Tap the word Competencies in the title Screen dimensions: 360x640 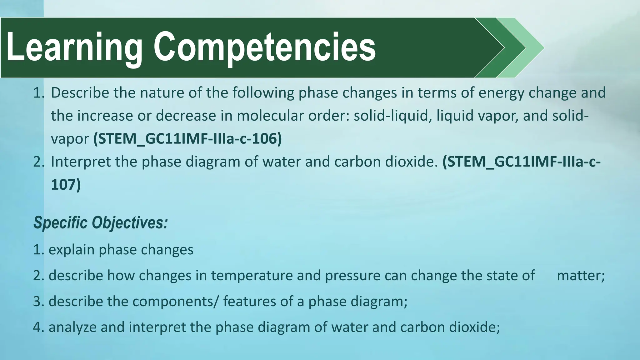click(264, 47)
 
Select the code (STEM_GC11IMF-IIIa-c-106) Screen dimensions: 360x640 click(187, 139)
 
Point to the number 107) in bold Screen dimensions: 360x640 click(66, 184)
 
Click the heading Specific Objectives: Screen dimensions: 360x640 click(101, 223)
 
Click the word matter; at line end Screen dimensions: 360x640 click(581, 276)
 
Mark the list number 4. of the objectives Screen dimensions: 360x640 click(38, 327)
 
